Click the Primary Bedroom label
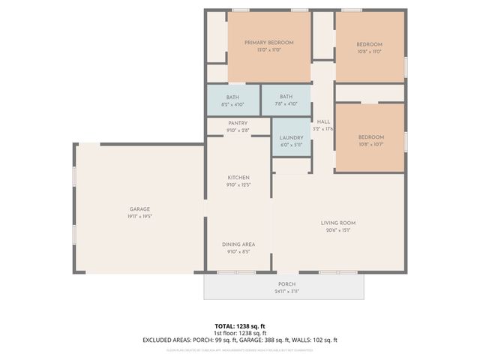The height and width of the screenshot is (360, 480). tap(268, 43)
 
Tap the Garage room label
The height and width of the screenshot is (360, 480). tap(139, 209)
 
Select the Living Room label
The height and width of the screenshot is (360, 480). tap(337, 223)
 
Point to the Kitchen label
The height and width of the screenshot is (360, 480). tap(238, 178)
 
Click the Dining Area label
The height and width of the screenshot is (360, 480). tap(238, 244)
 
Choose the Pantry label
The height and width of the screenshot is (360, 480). tap(238, 124)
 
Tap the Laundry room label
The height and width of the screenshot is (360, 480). tap(291, 137)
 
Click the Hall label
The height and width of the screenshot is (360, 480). tap(323, 121)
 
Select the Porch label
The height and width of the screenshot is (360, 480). tap(286, 284)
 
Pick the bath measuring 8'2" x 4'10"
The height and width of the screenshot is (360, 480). tap(232, 97)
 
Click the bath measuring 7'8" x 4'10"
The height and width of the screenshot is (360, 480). tap(286, 97)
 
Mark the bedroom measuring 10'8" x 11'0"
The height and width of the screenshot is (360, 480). tap(369, 44)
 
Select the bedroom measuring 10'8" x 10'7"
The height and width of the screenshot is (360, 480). tap(370, 137)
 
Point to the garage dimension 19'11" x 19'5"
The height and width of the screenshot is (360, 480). tap(139, 217)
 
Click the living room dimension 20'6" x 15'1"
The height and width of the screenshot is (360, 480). tap(337, 230)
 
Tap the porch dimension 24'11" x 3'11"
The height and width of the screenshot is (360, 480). tap(286, 292)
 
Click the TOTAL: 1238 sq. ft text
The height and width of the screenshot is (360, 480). tap(240, 326)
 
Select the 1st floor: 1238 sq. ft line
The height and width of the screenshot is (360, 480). tap(240, 333)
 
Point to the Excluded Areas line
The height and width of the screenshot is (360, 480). tap(240, 340)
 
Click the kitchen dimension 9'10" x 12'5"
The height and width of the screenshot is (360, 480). tap(238, 184)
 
